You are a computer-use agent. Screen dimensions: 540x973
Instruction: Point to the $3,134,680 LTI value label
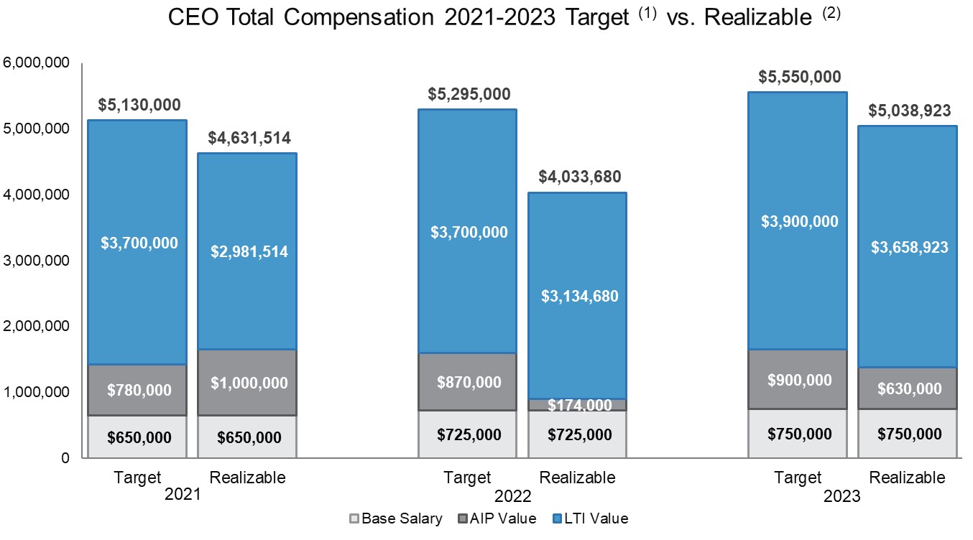click(x=578, y=296)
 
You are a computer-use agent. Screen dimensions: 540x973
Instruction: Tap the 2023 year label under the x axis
click(x=842, y=495)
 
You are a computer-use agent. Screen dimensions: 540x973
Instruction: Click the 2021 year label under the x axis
click(x=183, y=495)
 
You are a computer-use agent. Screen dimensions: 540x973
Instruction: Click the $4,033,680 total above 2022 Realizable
click(x=578, y=177)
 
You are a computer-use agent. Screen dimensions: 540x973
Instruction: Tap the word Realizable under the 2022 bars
click(x=577, y=478)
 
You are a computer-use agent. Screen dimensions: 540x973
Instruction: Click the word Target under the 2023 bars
click(x=798, y=478)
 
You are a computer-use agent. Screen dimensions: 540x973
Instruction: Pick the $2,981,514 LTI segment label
click(x=249, y=251)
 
